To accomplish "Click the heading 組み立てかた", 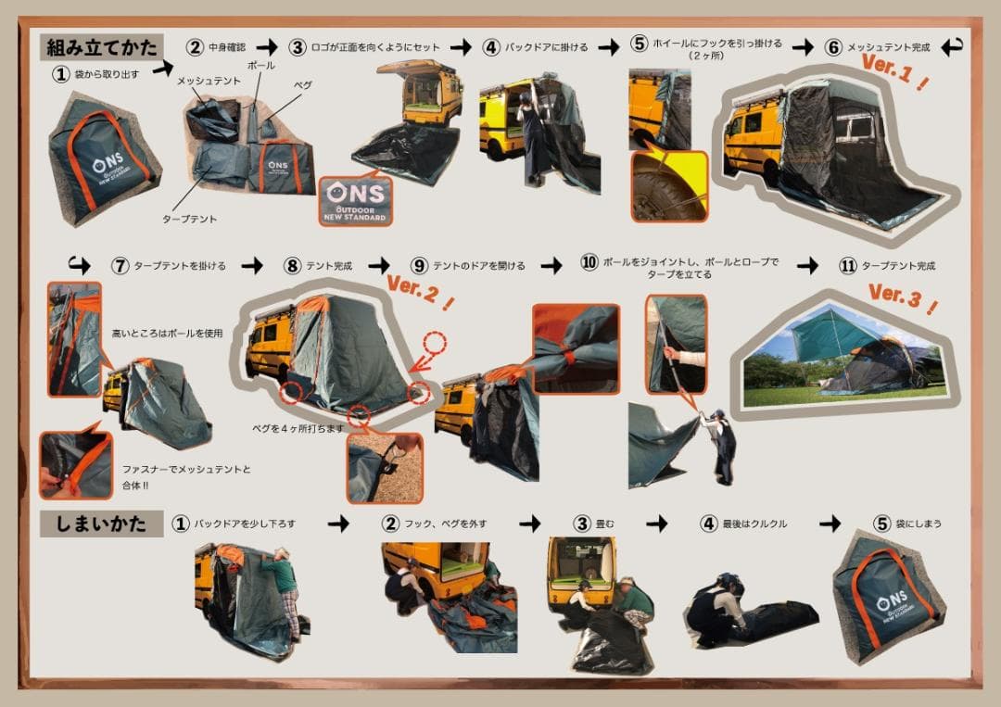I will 101,46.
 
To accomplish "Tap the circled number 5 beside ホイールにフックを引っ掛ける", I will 640,44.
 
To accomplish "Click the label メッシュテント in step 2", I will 209,82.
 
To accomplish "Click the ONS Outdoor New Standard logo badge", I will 356,200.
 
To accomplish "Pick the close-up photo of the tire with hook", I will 669,185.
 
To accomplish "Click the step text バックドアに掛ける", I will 548,47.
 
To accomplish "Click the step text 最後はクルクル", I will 755,524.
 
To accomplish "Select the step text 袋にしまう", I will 919,524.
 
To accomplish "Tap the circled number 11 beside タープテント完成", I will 847,266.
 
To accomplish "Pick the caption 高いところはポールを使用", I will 167,333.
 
